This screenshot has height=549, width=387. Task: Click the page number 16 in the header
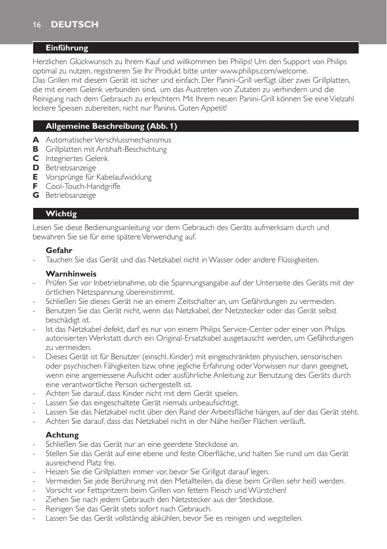pyautogui.click(x=36, y=25)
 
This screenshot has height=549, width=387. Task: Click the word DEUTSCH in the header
pyautogui.click(x=75, y=25)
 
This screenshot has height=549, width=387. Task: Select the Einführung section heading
pyautogui.click(x=67, y=48)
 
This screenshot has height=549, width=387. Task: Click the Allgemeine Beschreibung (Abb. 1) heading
pyautogui.click(x=111, y=127)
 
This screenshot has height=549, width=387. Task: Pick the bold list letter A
pyautogui.click(x=36, y=140)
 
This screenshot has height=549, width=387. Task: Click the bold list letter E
pyautogui.click(x=36, y=177)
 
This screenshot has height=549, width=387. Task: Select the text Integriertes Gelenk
pyautogui.click(x=77, y=158)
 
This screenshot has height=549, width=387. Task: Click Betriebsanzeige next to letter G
pyautogui.click(x=71, y=196)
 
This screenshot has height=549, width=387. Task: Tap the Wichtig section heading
pyautogui.click(x=61, y=214)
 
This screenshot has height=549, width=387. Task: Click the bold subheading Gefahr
pyautogui.click(x=59, y=250)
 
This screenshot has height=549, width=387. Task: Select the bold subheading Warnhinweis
pyautogui.click(x=71, y=274)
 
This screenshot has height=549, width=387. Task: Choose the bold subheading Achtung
pyautogui.click(x=62, y=435)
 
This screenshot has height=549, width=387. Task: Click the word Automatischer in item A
pyautogui.click(x=67, y=140)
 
